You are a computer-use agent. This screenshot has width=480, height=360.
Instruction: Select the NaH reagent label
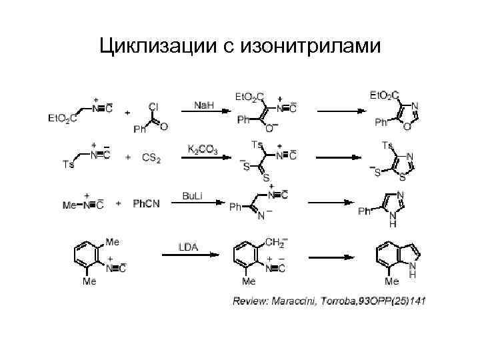204,105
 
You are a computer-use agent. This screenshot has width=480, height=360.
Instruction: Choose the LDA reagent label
188,247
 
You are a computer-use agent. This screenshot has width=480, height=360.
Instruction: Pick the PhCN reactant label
145,203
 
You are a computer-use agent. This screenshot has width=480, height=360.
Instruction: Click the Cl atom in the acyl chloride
153,106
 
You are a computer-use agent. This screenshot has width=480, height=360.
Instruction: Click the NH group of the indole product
413,268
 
